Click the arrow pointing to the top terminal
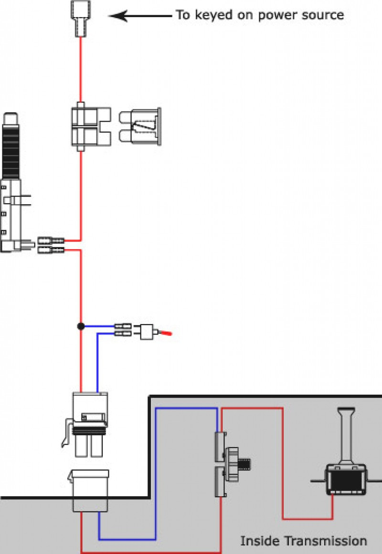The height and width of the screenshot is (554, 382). pyautogui.click(x=138, y=16)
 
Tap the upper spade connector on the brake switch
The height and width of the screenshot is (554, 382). pyautogui.click(x=51, y=240)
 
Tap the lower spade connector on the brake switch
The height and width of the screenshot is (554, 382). pyautogui.click(x=51, y=250)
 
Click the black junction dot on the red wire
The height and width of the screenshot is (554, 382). pyautogui.click(x=81, y=326)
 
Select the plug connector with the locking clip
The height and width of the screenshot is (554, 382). pyautogui.click(x=88, y=420)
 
